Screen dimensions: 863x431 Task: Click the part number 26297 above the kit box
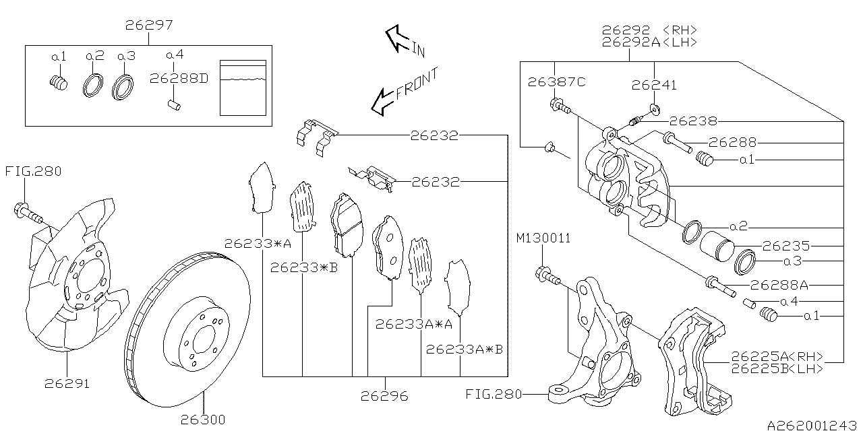(x=149, y=25)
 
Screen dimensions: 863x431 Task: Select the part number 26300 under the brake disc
(x=203, y=420)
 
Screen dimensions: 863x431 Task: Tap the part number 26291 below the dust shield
(x=67, y=384)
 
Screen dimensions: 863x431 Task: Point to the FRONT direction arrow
(x=405, y=91)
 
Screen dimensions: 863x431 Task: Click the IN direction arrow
(x=405, y=41)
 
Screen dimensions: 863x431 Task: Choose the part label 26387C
(x=556, y=82)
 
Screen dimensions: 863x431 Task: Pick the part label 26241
(x=654, y=85)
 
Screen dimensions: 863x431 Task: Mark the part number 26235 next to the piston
(x=786, y=246)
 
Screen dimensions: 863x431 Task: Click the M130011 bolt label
(x=543, y=238)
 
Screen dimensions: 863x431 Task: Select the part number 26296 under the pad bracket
(x=384, y=396)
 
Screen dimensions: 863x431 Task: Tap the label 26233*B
(x=304, y=267)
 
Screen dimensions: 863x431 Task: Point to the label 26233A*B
(x=465, y=350)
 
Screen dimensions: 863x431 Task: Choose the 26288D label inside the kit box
(x=179, y=79)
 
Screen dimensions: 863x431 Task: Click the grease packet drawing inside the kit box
(x=243, y=88)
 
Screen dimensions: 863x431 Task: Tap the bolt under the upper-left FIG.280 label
(x=29, y=213)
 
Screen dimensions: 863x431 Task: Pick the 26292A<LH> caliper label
(x=649, y=42)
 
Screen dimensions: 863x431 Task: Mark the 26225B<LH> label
(x=777, y=368)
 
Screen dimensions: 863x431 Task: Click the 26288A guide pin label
(x=779, y=285)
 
